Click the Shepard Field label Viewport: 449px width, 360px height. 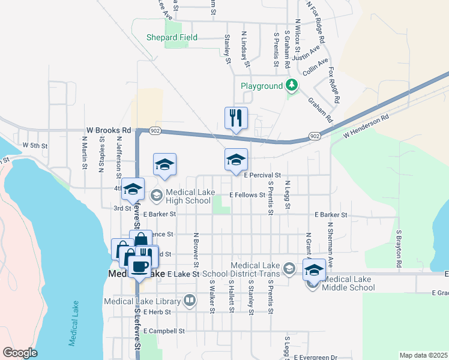[x=172, y=37]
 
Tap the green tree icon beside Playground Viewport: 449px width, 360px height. [x=292, y=85]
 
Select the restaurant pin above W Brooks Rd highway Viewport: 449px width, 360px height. [x=236, y=118]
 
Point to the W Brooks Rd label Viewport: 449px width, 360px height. [x=109, y=130]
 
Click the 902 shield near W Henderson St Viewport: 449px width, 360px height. [x=315, y=137]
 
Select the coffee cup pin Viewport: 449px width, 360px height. [x=140, y=267]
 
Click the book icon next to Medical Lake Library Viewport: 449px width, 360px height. [x=190, y=299]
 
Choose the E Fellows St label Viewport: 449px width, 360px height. [x=247, y=195]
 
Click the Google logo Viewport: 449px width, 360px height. [x=20, y=353]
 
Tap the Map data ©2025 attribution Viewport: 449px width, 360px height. [x=423, y=355]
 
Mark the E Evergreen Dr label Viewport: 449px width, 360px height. [x=317, y=357]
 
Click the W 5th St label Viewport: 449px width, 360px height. [x=35, y=145]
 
